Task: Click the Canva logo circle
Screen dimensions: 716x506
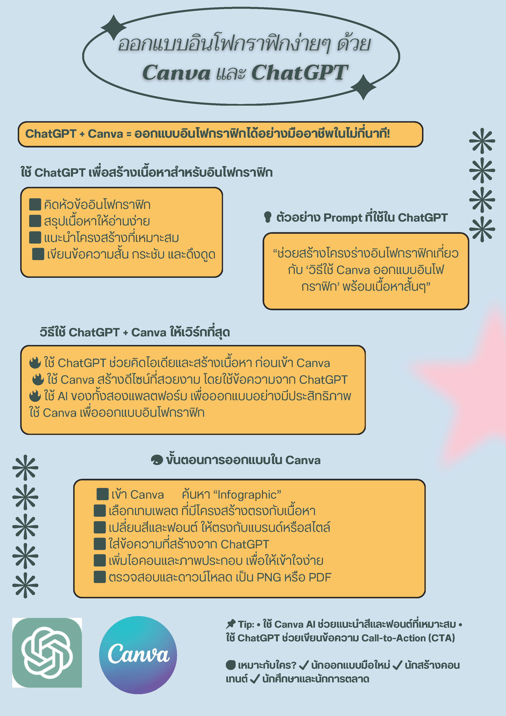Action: point(138,655)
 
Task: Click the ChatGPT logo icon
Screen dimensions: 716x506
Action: point(47,652)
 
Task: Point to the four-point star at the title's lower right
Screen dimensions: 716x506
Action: point(363,87)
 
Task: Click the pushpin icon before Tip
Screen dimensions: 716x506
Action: point(231,624)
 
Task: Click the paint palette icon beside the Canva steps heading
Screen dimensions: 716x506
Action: point(157,460)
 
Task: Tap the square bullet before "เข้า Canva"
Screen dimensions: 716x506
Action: point(103,494)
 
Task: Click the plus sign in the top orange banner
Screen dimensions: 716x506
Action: point(82,134)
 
